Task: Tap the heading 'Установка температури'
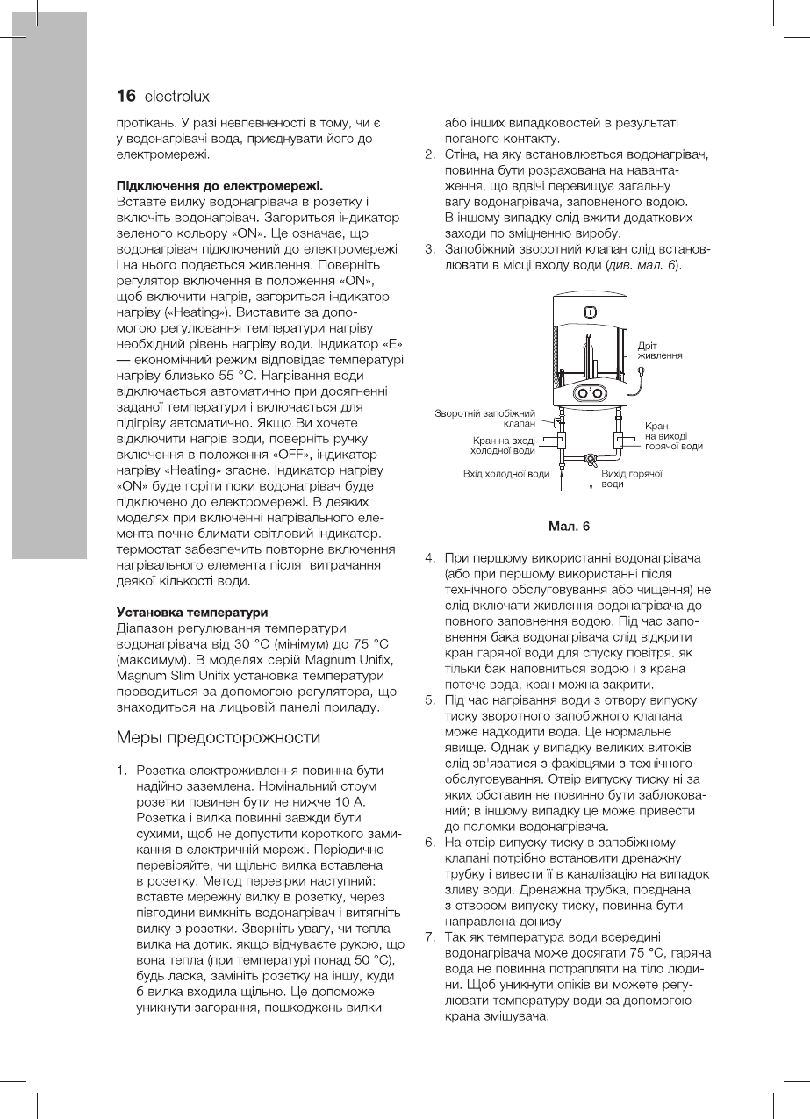click(x=192, y=611)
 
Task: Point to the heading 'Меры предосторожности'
click(x=219, y=735)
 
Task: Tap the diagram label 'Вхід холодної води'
click(x=506, y=474)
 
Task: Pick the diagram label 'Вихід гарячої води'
click(x=630, y=478)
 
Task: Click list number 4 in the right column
click(x=430, y=558)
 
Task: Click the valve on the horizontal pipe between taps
click(x=591, y=458)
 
